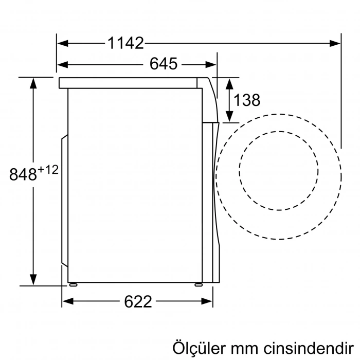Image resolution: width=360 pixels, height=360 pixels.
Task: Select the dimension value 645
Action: (x=163, y=64)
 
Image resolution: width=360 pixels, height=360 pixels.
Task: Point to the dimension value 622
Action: (x=138, y=301)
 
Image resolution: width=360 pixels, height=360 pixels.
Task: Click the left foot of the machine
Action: (x=73, y=283)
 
